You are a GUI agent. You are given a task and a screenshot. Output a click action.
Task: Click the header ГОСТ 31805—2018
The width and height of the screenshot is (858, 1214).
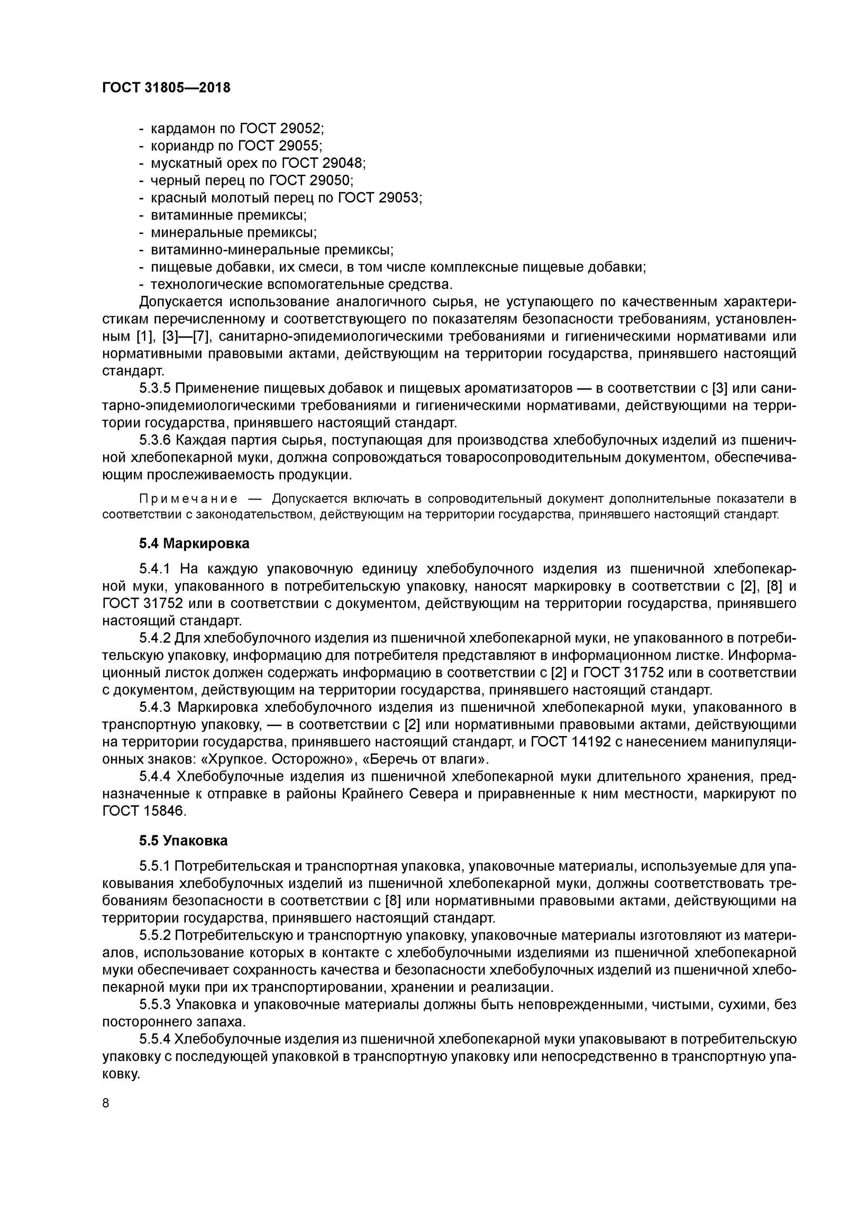click(x=166, y=88)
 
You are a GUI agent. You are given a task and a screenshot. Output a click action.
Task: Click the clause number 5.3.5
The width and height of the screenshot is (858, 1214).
click(x=155, y=388)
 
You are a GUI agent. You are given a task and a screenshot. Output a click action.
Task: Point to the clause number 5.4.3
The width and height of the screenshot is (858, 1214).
click(x=155, y=707)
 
